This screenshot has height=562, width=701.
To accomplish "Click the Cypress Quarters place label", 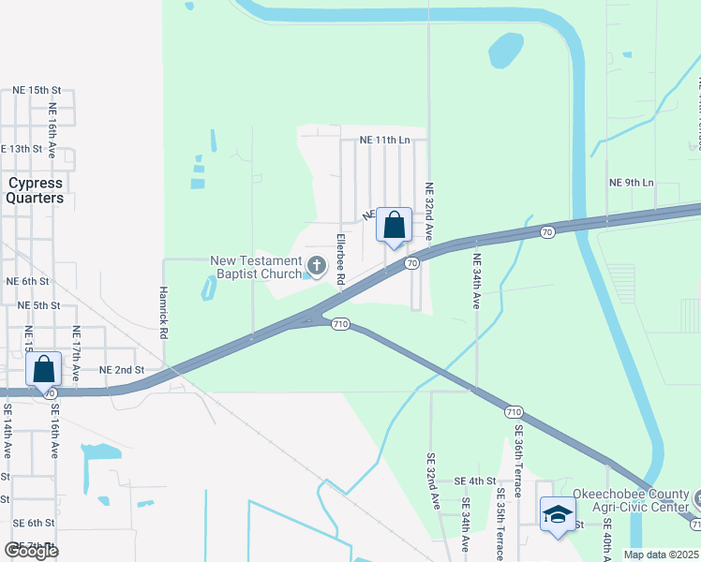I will point(35,190).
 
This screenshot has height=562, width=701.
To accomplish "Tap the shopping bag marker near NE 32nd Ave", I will point(394,227).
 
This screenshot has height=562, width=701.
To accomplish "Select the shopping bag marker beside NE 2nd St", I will point(44,371).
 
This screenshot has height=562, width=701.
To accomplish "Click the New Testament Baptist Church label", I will point(256,268).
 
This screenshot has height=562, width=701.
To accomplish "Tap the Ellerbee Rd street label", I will point(340,259).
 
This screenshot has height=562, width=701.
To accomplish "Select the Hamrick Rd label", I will point(163,312).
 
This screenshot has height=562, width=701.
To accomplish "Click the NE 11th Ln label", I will point(385,140).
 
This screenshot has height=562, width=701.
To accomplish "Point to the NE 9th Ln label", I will point(631,182).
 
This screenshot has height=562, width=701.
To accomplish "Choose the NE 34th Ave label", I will point(476,281).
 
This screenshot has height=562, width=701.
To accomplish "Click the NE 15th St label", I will point(37,90).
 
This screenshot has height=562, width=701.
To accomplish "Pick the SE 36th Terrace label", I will point(517,459).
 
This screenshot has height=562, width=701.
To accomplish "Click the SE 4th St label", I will point(474,481).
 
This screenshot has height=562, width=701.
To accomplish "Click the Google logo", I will point(31,550).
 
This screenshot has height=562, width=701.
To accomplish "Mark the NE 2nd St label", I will point(121,370).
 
